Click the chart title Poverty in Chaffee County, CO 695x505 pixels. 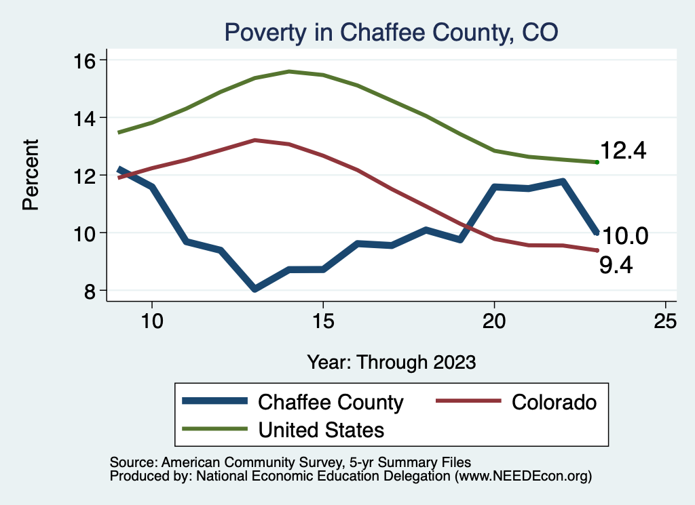(392, 33)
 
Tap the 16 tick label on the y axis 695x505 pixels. (87, 60)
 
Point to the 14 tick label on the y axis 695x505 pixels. (87, 118)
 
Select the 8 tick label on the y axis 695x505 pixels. (92, 291)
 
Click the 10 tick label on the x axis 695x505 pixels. (152, 321)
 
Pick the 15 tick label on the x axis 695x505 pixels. (323, 321)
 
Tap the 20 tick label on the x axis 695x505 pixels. (494, 321)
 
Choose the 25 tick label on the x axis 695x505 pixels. (665, 321)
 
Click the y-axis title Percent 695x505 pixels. (31, 175)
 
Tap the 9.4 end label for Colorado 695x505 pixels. (616, 265)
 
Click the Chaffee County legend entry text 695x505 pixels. (331, 402)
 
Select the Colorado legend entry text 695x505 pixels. (554, 402)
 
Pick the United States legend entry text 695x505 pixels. (321, 429)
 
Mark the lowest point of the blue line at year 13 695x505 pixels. (255, 289)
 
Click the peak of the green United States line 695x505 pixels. (289, 71)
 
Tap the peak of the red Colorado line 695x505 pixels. (255, 140)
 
